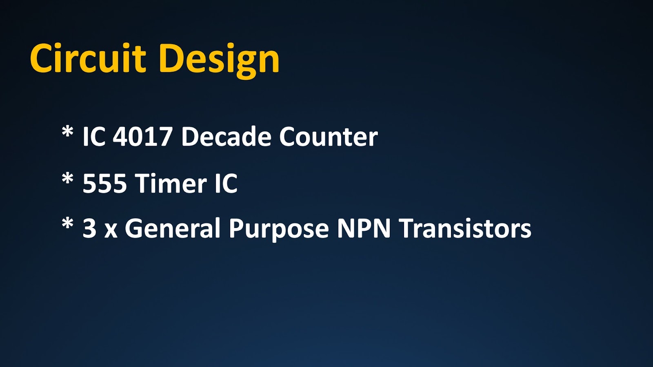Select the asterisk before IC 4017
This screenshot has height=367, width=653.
pyautogui.click(x=67, y=132)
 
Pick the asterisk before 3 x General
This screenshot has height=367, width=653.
pyautogui.click(x=67, y=224)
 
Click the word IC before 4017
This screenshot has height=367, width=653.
pyautogui.click(x=94, y=137)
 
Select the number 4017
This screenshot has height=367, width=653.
pyautogui.click(x=142, y=137)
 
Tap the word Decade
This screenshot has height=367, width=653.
pyautogui.click(x=227, y=136)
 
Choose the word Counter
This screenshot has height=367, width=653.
pyautogui.click(x=329, y=137)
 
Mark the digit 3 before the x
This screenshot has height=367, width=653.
pyautogui.click(x=89, y=229)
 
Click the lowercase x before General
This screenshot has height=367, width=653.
pyautogui.click(x=111, y=231)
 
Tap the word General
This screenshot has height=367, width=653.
pyautogui.click(x=172, y=228)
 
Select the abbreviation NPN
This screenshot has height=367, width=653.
pyautogui.click(x=364, y=229)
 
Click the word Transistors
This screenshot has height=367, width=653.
pyautogui.click(x=465, y=229)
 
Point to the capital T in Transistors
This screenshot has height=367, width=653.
pyautogui.click(x=406, y=229)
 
